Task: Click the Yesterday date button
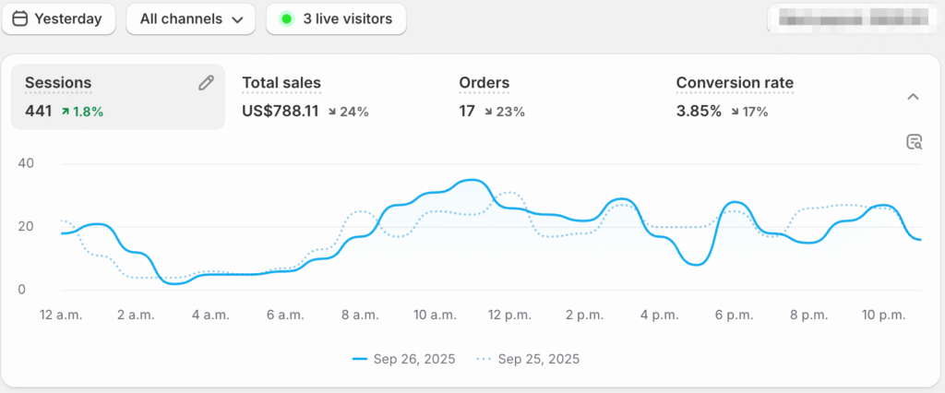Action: coord(58,18)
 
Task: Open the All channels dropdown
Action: coord(190,18)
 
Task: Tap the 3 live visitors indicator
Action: coord(336,18)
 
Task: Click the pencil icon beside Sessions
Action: coord(206,83)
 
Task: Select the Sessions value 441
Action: coord(39,112)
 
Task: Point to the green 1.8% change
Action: coord(83,112)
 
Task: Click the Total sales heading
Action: coord(281,83)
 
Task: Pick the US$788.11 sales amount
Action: coord(281,112)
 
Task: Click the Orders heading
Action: coord(484,83)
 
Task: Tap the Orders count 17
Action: coord(467,112)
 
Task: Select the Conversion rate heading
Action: coord(735,83)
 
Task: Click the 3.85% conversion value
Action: coord(699,112)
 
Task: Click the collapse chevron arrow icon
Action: coord(913,97)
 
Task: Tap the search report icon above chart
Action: coord(915,141)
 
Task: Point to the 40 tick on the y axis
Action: coord(25,164)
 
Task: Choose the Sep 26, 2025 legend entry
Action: coord(404,359)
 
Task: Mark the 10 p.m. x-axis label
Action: coord(882,316)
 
